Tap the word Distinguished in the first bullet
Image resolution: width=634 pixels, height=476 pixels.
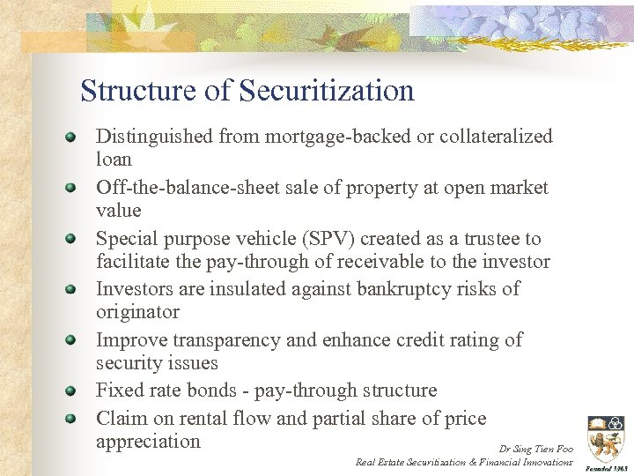point(154,137)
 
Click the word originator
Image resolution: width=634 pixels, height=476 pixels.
point(137,312)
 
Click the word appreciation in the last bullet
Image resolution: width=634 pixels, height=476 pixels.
point(148,442)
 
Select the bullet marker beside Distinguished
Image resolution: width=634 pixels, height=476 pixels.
point(70,137)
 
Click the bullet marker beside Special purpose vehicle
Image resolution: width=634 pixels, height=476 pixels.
point(70,238)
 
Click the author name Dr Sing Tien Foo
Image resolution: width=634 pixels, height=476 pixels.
point(535,449)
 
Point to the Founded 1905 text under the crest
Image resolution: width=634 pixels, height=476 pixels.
point(606,467)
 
